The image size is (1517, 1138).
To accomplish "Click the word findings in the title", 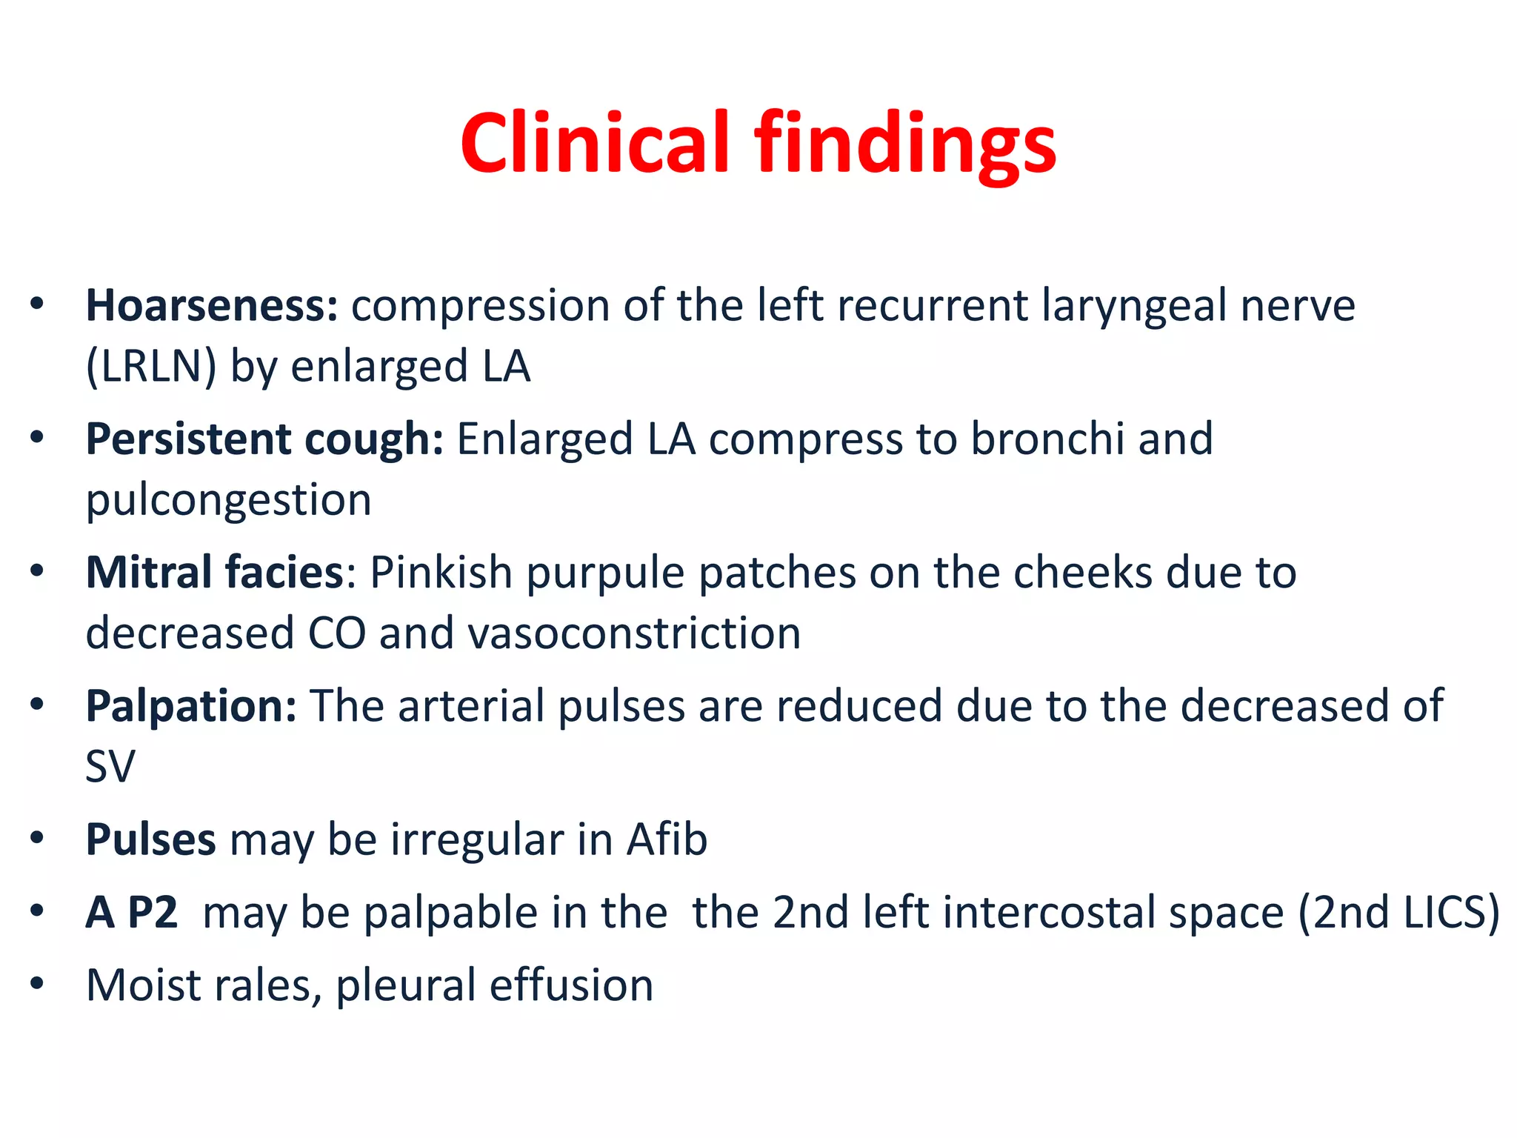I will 905,145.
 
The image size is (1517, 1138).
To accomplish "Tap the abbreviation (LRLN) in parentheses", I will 151,366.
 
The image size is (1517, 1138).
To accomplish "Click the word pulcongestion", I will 228,501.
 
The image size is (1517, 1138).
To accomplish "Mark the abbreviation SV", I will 110,767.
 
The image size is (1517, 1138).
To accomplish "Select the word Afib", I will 667,839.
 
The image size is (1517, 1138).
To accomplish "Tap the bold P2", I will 153,912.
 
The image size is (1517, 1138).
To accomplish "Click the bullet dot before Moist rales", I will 37,984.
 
